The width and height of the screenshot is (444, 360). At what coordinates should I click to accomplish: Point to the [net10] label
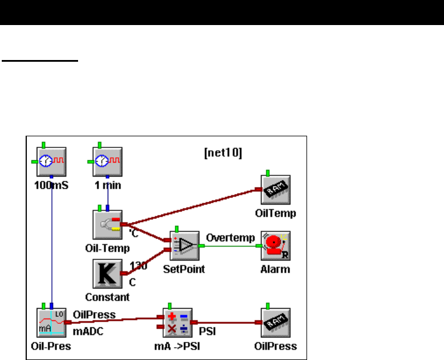(223, 154)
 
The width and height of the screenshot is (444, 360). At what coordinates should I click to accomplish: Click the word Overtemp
(230, 238)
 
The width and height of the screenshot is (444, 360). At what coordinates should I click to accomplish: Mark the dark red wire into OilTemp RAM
(192, 206)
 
